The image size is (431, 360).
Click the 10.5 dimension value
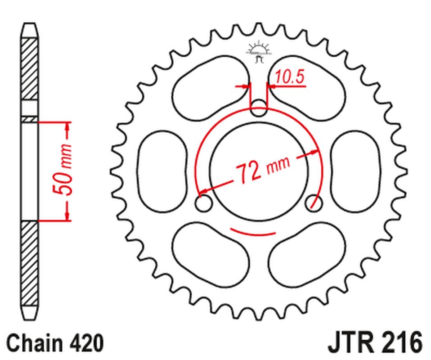tap(290, 77)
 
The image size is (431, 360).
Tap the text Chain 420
tap(55, 343)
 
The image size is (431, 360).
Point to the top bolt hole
tap(258, 108)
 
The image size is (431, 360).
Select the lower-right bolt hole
tap(314, 203)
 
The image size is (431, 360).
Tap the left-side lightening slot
tap(162, 171)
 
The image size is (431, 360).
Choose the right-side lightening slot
tap(355, 171)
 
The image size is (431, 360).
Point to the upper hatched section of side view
tap(30, 70)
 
